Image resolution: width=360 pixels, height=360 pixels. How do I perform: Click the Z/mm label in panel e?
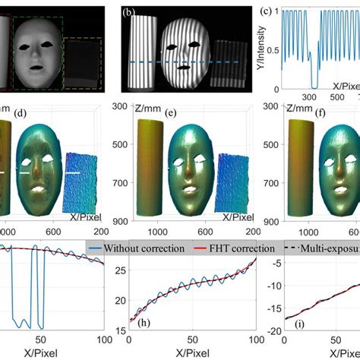[x=147, y=110]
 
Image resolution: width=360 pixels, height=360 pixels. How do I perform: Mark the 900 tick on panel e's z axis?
[x=120, y=221]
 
